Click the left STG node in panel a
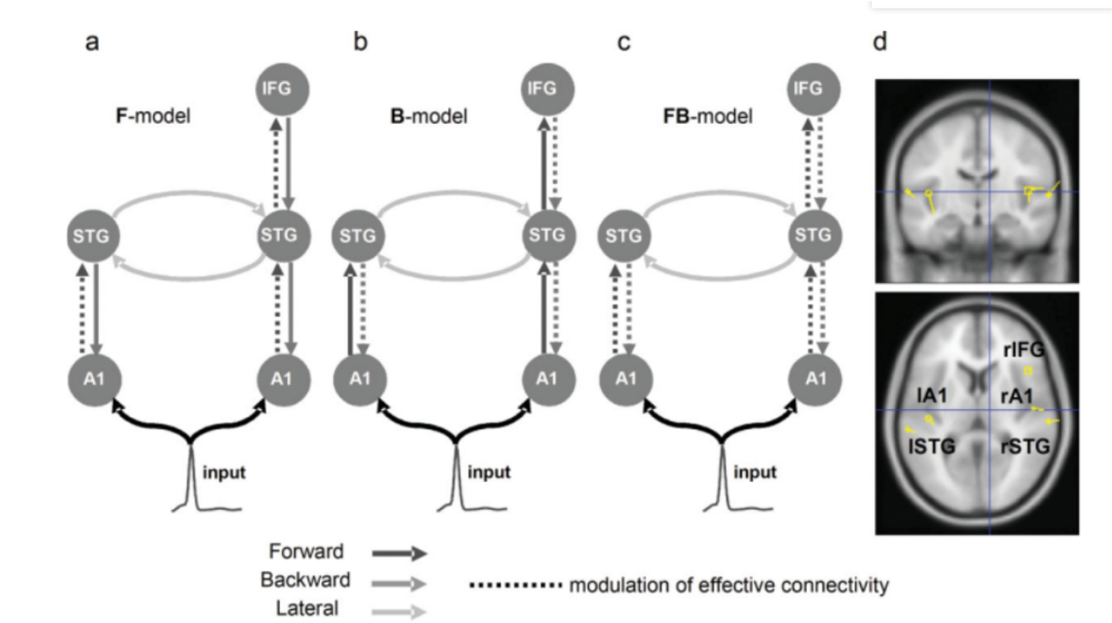(93, 234)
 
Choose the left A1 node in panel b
(359, 379)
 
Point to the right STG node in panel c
(814, 234)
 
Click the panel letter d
(880, 42)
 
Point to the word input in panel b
(489, 472)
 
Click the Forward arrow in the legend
(399, 553)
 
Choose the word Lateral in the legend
(307, 609)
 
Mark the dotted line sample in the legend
(515, 584)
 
